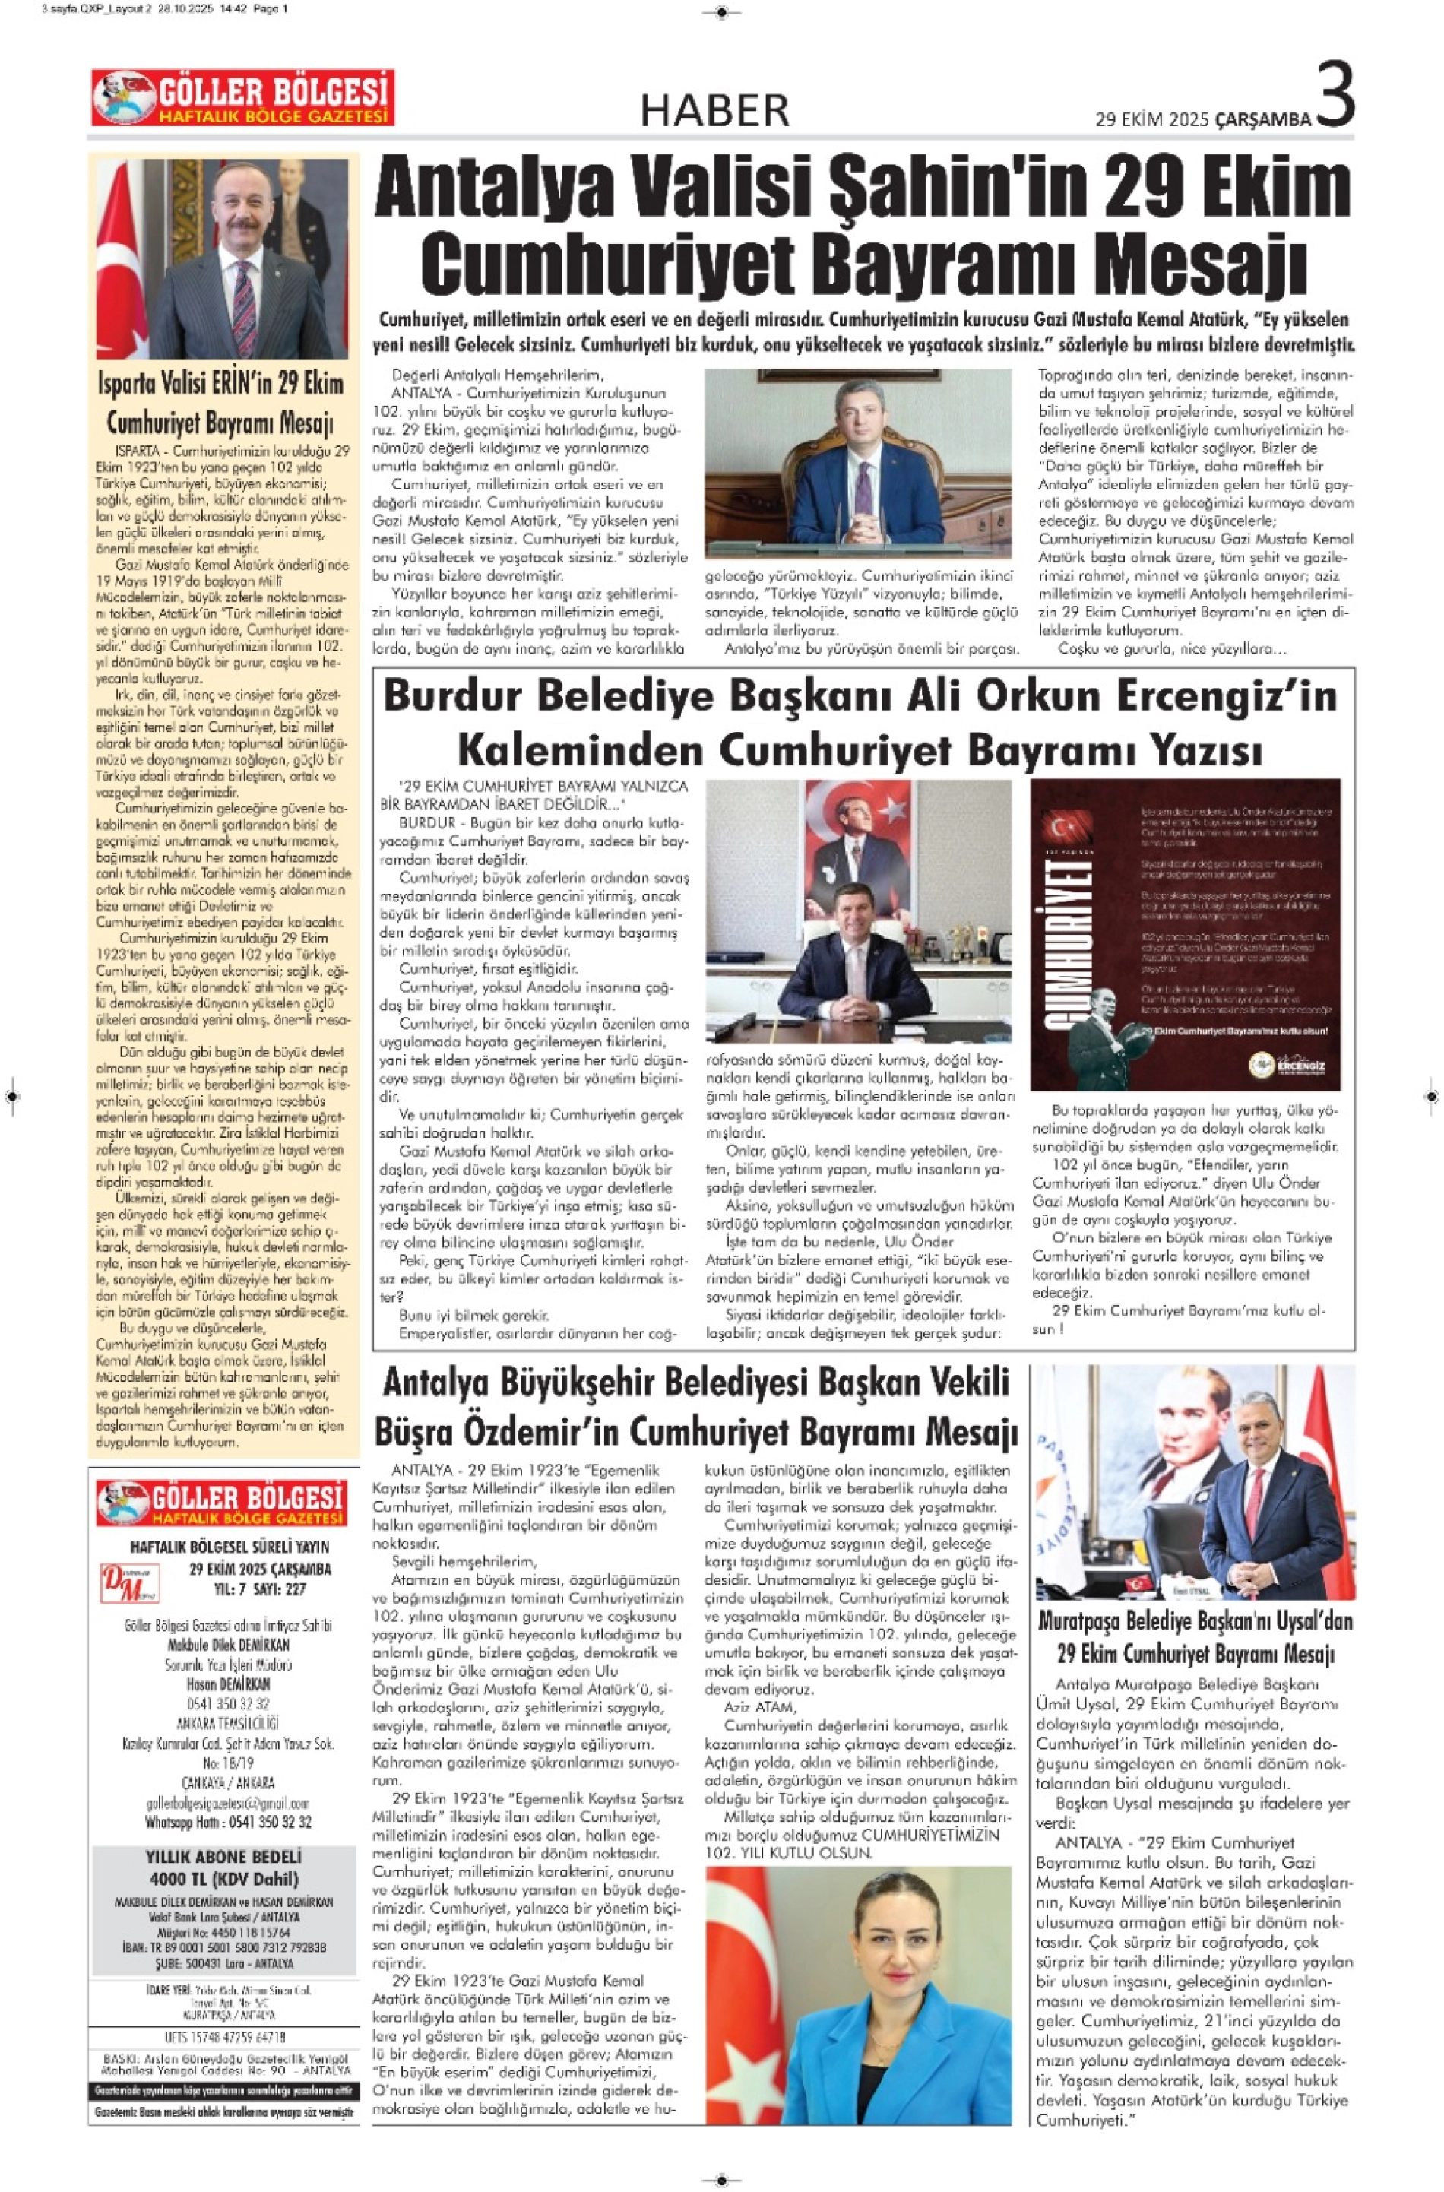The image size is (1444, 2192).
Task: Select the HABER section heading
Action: [x=714, y=110]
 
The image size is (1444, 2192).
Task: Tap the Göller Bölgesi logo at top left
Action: [x=242, y=97]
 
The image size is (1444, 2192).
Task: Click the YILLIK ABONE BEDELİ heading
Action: [x=223, y=1857]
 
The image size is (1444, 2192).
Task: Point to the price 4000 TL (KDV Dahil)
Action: [x=223, y=1879]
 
